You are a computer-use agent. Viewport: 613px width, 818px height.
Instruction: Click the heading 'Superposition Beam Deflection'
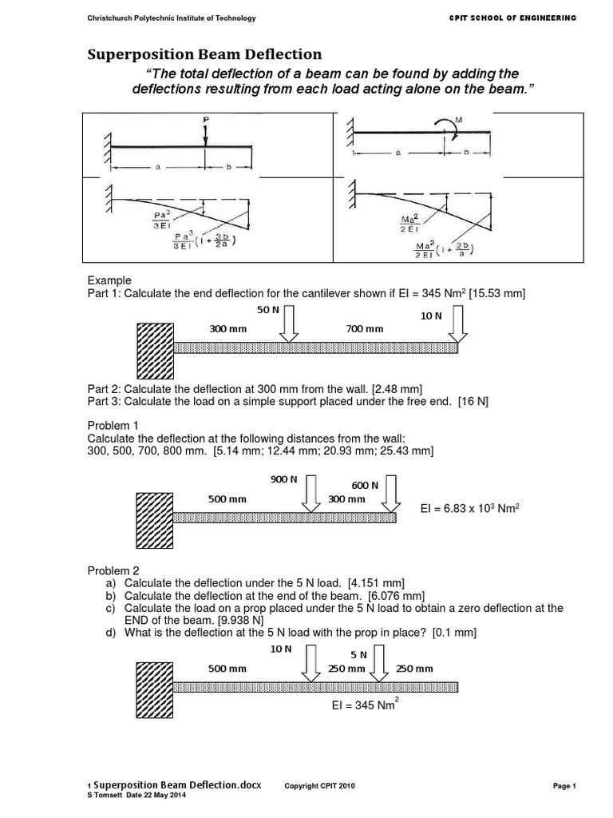[204, 54]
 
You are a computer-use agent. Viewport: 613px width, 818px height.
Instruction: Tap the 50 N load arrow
[288, 326]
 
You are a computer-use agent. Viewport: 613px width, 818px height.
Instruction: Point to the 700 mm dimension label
[364, 329]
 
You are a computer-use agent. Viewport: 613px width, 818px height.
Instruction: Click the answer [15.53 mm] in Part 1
[497, 295]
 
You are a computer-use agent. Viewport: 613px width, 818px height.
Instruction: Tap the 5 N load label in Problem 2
[358, 654]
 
